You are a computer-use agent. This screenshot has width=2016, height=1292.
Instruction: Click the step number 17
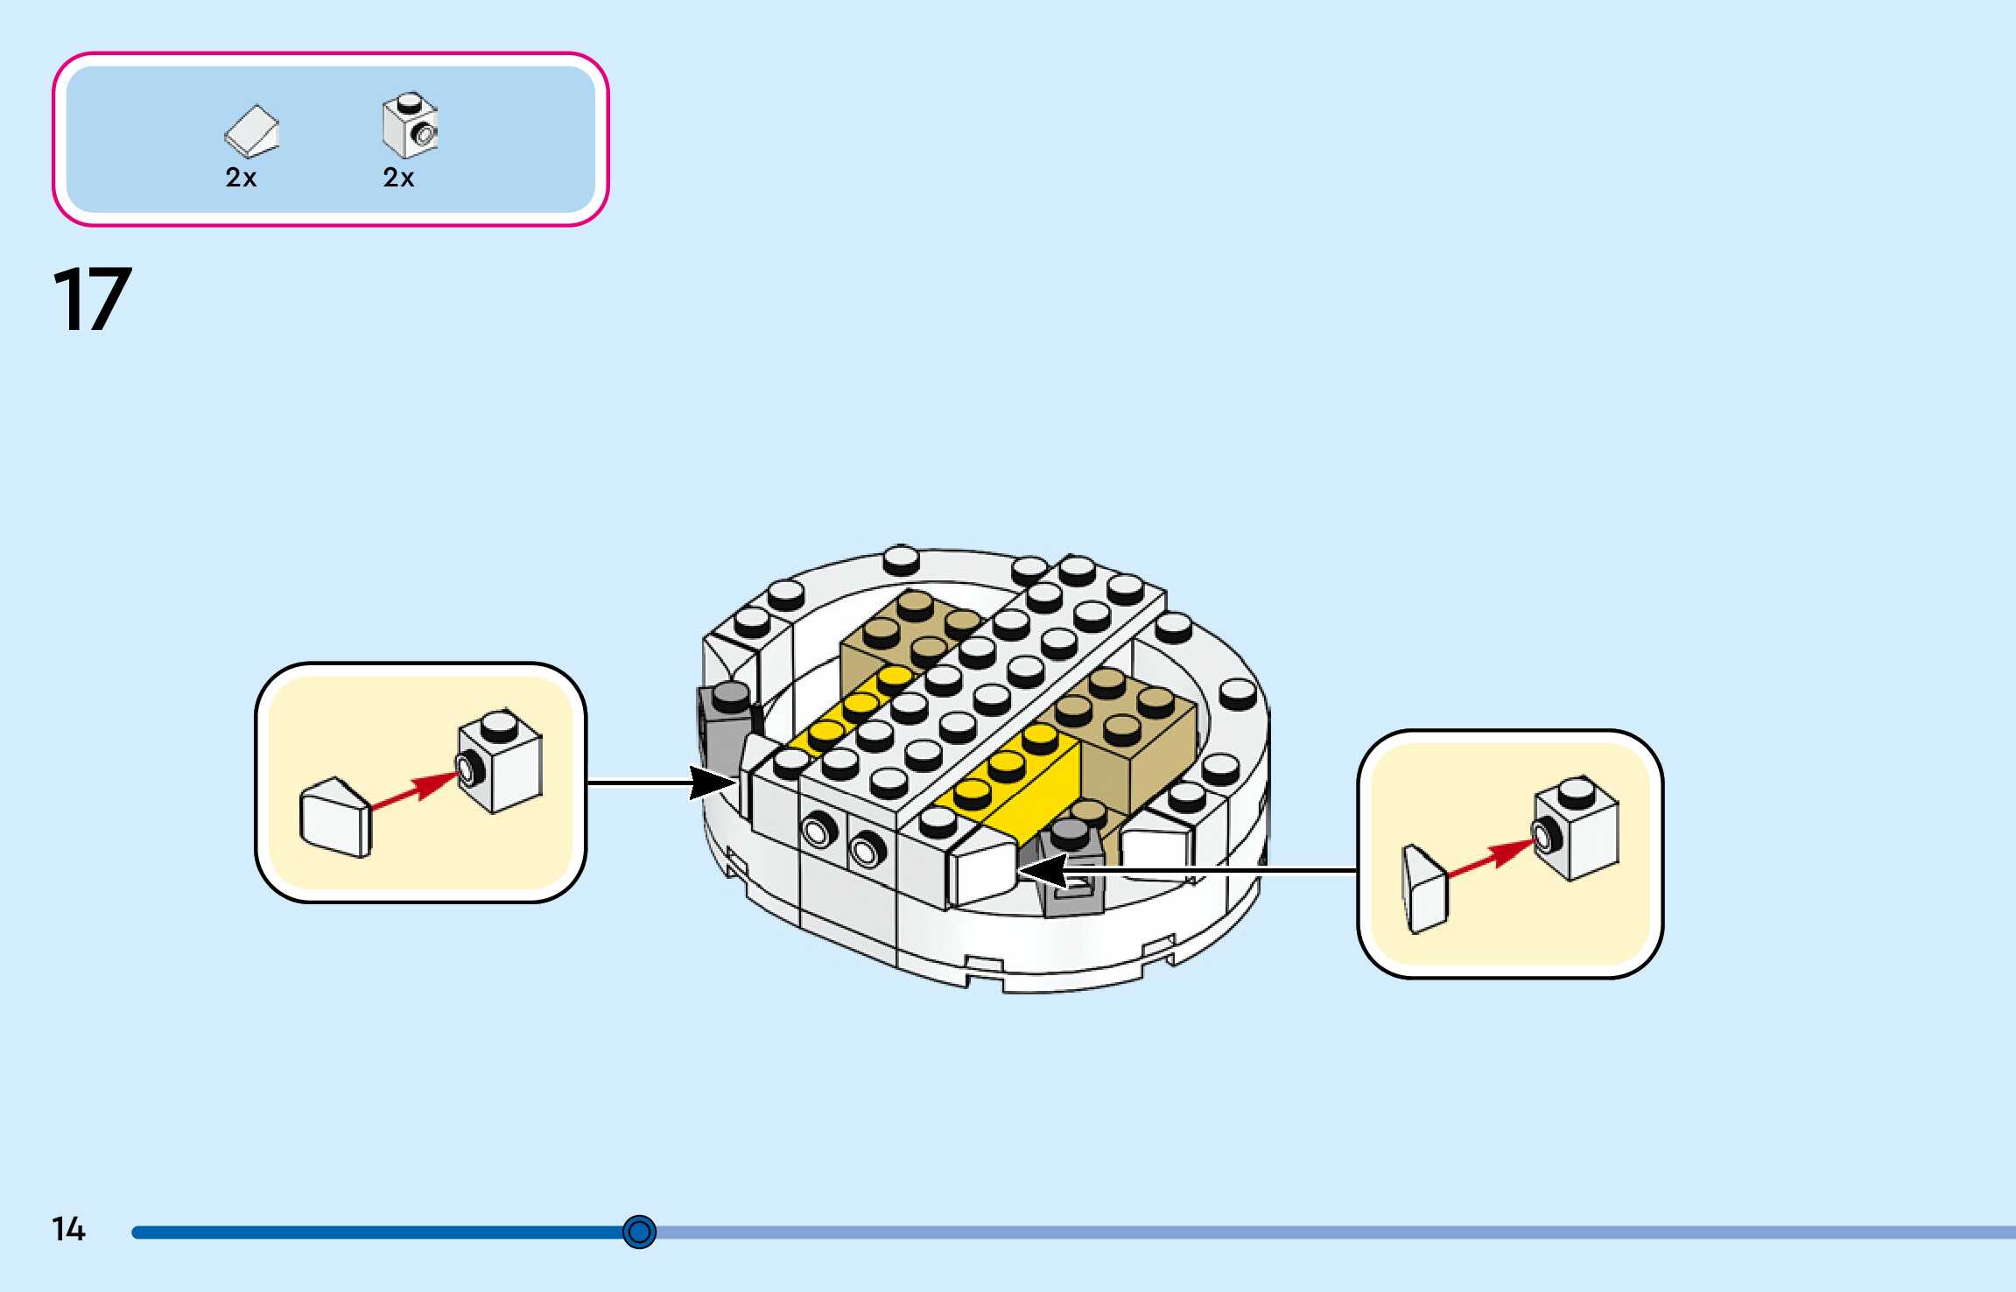click(x=92, y=299)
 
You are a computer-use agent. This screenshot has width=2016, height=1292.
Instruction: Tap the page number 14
click(x=68, y=1229)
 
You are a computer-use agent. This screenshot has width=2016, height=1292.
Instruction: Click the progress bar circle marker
click(x=639, y=1232)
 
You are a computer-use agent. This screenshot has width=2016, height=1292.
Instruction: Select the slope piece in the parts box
click(x=252, y=132)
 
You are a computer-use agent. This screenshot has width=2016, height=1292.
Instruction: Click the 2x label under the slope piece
click(x=241, y=178)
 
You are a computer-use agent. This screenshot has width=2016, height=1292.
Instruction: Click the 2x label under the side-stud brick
click(x=398, y=178)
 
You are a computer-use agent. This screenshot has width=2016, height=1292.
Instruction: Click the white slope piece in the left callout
click(x=334, y=818)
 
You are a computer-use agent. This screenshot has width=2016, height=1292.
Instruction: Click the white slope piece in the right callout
click(x=1424, y=888)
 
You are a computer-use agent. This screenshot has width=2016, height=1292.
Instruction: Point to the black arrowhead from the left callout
click(x=712, y=783)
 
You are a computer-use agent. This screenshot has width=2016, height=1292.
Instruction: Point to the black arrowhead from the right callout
click(x=1042, y=870)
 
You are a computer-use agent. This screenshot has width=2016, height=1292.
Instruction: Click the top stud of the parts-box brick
click(x=407, y=102)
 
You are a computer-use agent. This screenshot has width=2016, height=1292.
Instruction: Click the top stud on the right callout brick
click(x=1576, y=790)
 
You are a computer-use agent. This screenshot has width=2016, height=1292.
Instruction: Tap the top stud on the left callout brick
click(x=499, y=723)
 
